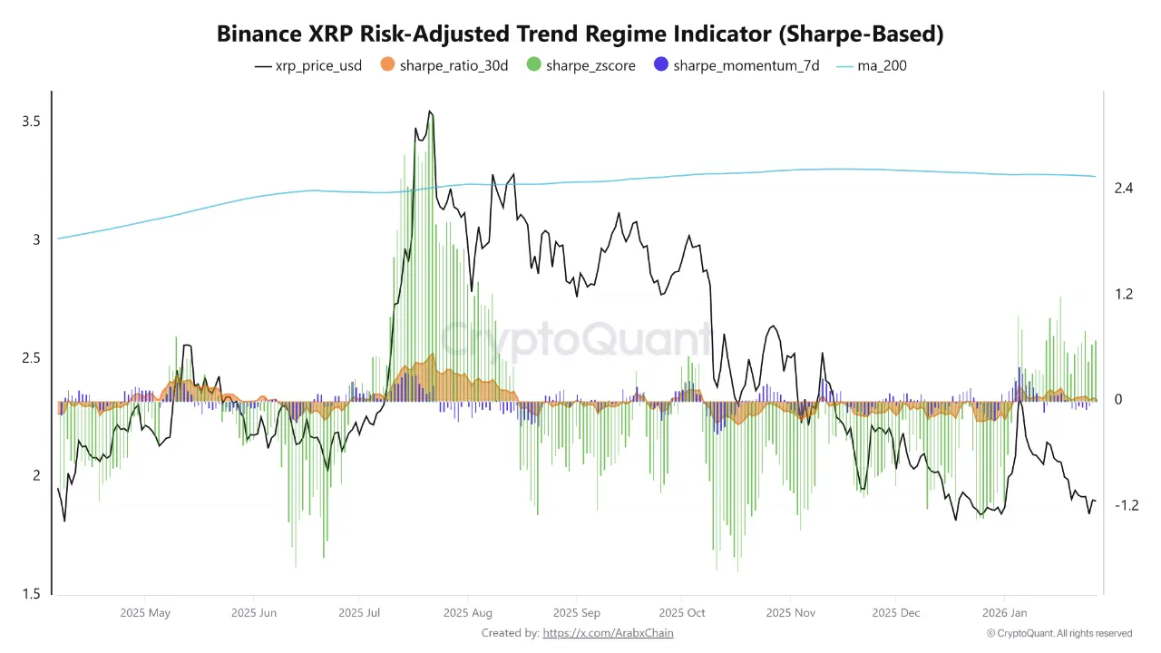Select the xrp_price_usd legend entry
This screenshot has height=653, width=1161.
click(308, 65)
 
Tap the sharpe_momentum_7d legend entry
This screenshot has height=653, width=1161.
click(737, 65)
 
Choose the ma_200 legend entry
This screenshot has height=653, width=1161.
click(870, 65)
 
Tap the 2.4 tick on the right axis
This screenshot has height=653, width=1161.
click(1125, 189)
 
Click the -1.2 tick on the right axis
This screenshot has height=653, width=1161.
click(1125, 505)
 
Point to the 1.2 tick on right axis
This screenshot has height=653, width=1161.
click(1125, 294)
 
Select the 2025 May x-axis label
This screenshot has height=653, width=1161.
click(145, 612)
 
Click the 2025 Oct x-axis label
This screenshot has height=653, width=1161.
click(682, 612)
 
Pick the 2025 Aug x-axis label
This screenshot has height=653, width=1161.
click(468, 612)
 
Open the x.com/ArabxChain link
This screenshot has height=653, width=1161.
click(608, 633)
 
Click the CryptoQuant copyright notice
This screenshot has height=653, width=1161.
click(1059, 633)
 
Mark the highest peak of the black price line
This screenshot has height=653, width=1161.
click(430, 112)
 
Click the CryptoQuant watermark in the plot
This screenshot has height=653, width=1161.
click(577, 340)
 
